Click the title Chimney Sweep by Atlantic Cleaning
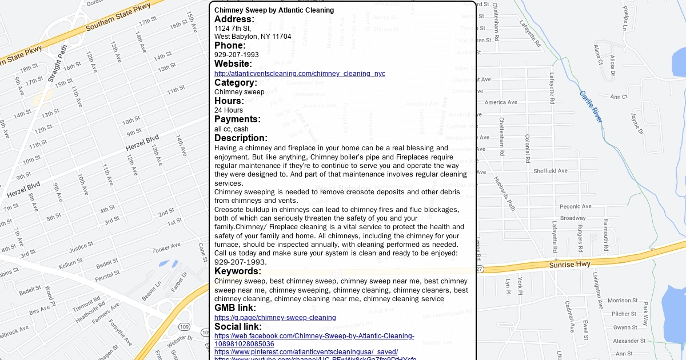click(274, 10)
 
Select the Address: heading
click(234, 19)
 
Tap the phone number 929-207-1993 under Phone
click(237, 55)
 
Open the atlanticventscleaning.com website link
click(300, 74)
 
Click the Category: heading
click(236, 83)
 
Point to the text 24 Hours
click(229, 110)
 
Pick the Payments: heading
click(237, 119)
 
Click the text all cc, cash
click(232, 129)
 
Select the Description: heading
click(241, 138)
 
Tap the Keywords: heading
click(238, 271)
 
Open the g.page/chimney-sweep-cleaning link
click(275, 318)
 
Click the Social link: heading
click(238, 327)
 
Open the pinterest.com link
click(306, 352)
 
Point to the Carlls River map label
click(591, 106)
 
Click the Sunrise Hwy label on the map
click(569, 265)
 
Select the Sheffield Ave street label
click(550, 171)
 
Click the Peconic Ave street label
click(576, 207)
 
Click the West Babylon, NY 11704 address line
click(253, 37)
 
